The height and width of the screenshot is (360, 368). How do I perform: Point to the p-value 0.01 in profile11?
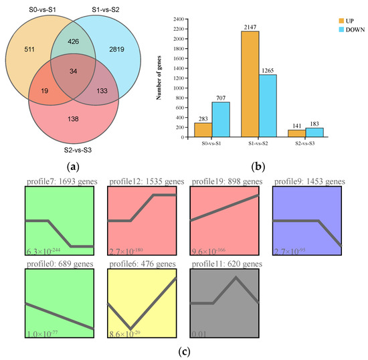coord(199,333)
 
